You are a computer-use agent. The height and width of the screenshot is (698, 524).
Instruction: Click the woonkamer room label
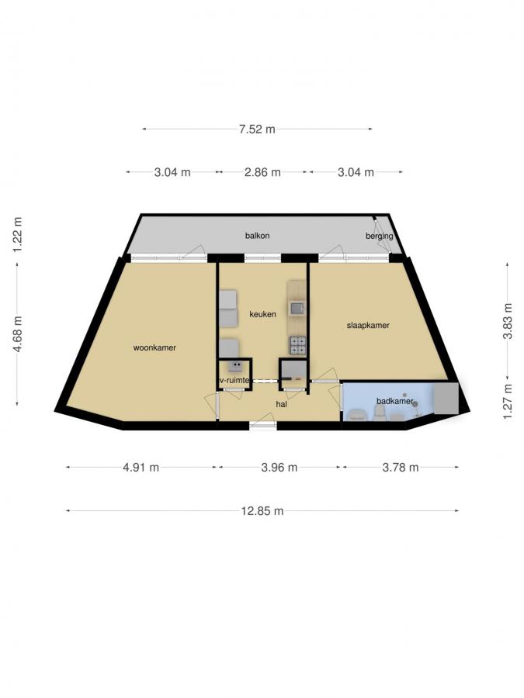point(154,347)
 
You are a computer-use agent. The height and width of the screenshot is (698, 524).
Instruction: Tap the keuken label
point(262,314)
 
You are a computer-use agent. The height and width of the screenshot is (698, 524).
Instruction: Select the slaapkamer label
point(368,326)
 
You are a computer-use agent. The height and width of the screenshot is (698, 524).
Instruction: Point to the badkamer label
point(395,401)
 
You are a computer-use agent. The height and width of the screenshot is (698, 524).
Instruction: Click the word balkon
point(257,236)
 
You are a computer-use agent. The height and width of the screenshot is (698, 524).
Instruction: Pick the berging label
point(380,236)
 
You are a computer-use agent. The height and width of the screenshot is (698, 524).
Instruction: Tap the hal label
point(281,404)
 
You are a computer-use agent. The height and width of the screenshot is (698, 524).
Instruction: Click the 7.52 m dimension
point(257,130)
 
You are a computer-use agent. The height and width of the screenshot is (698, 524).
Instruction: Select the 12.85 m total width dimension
point(262,511)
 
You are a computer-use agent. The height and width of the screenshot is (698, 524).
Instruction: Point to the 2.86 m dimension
point(262,172)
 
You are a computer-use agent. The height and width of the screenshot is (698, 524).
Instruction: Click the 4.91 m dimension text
point(141,468)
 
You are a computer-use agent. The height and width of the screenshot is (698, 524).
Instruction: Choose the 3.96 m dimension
point(279,468)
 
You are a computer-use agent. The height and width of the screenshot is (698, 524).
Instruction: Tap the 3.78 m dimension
point(401,468)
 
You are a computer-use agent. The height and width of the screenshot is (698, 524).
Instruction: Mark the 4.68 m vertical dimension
point(17,334)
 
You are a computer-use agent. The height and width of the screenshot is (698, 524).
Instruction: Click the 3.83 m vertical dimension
point(508,321)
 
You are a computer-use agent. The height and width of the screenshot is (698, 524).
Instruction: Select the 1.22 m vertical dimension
point(17,234)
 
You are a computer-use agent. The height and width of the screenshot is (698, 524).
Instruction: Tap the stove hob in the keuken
point(299,345)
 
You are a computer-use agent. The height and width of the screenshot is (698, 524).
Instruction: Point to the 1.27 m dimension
point(508,402)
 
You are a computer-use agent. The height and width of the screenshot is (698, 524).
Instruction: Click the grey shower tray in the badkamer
point(446,399)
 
